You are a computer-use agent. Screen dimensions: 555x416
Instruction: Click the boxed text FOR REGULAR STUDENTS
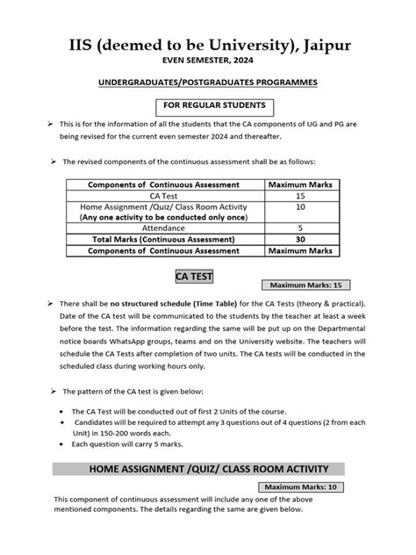click(x=207, y=107)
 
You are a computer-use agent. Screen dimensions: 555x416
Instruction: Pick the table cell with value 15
click(x=300, y=197)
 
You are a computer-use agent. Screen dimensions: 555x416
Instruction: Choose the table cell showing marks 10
click(x=300, y=208)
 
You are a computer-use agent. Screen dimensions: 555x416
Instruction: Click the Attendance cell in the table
click(x=165, y=227)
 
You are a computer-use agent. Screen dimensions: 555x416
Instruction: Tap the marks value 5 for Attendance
click(x=300, y=227)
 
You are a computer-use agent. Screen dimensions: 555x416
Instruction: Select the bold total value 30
click(x=300, y=239)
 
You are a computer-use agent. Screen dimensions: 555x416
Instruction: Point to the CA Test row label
click(x=165, y=197)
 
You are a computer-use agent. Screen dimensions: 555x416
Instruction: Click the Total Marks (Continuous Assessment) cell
click(x=165, y=239)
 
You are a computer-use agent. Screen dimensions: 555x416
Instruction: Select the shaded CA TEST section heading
click(x=194, y=277)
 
